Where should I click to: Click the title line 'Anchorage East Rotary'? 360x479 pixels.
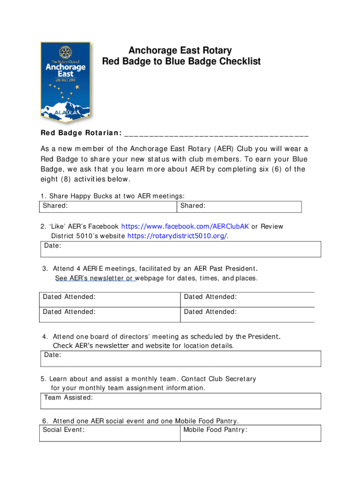(x=180, y=51)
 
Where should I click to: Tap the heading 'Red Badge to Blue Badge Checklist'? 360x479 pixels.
(x=181, y=62)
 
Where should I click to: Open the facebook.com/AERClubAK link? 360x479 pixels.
(x=185, y=226)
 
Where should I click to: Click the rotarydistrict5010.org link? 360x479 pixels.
(x=177, y=236)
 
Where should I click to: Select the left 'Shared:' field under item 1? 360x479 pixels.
(x=108, y=206)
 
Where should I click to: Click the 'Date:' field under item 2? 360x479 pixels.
(x=180, y=249)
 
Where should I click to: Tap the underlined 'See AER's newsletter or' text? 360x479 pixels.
(x=95, y=278)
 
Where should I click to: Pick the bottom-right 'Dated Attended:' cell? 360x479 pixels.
(x=247, y=315)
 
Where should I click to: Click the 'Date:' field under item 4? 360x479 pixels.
(x=180, y=358)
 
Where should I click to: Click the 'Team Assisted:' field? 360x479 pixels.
(x=180, y=401)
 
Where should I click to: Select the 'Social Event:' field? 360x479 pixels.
(x=110, y=433)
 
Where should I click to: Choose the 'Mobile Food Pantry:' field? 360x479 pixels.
(x=251, y=433)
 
